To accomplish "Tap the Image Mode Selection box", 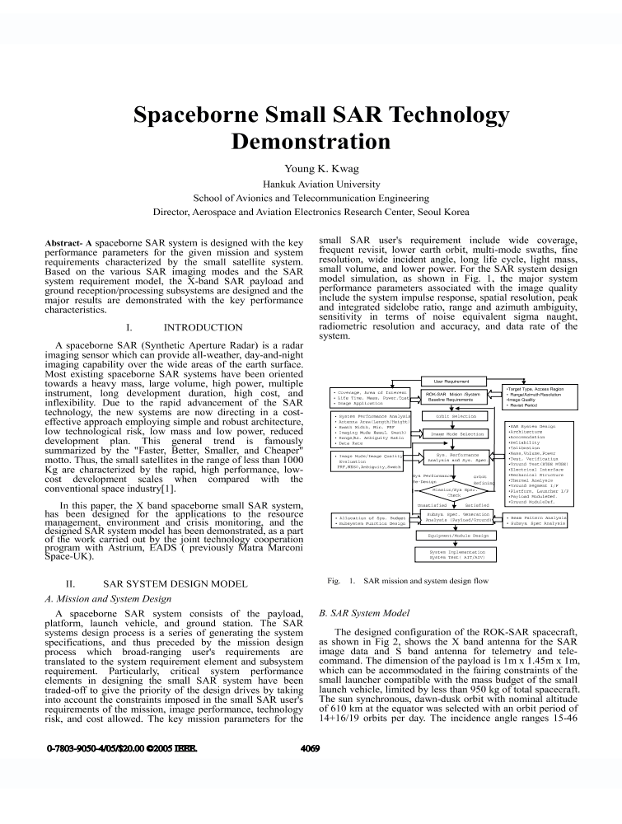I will click(457, 433).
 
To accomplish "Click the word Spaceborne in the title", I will click(194, 113).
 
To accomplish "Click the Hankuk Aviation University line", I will click(310, 184).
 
